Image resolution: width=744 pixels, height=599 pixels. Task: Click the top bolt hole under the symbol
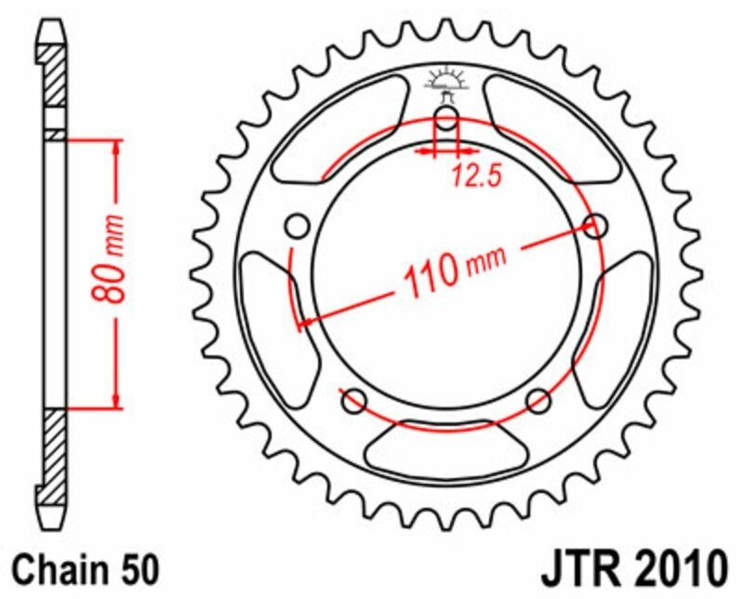(x=447, y=119)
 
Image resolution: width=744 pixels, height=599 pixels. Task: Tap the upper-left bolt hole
(x=298, y=226)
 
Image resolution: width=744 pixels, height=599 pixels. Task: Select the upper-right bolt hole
(x=597, y=225)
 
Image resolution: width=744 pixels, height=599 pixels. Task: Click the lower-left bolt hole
(x=353, y=402)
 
